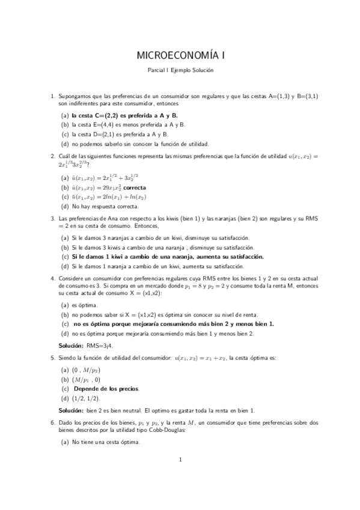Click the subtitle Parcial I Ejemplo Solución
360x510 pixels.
[180, 70]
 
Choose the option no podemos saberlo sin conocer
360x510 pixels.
[139, 144]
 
